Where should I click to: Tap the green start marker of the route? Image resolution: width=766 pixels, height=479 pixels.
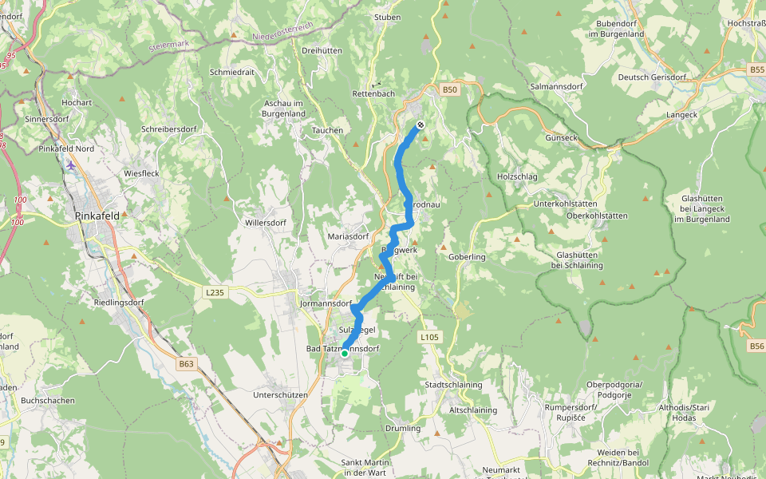345,353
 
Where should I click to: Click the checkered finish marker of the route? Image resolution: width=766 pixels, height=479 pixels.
420,125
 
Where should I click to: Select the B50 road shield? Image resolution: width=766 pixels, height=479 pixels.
450,90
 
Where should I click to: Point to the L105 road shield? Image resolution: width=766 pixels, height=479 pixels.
429,338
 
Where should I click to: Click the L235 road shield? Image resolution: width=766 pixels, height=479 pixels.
215,293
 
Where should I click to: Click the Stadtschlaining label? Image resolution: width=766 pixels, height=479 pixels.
453,385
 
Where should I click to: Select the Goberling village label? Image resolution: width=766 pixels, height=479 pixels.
468,257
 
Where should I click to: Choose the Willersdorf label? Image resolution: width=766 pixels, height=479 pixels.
266,222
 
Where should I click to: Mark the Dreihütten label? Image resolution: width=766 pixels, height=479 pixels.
322,50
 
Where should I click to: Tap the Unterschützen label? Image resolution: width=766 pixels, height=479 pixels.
280,395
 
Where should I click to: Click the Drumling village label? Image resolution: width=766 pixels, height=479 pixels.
403,429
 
